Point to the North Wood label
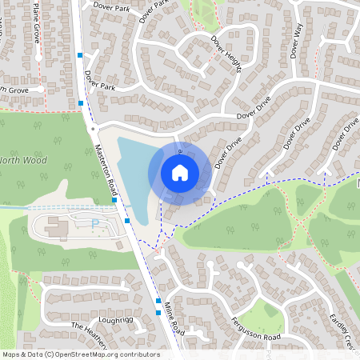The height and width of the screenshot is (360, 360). point(24,160)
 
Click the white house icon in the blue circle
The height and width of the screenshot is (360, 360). point(180,172)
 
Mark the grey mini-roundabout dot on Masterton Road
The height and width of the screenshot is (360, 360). point(94,127)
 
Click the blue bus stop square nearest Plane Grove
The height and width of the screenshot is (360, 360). point(79,55)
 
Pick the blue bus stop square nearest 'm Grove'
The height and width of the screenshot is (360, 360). point(82,103)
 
